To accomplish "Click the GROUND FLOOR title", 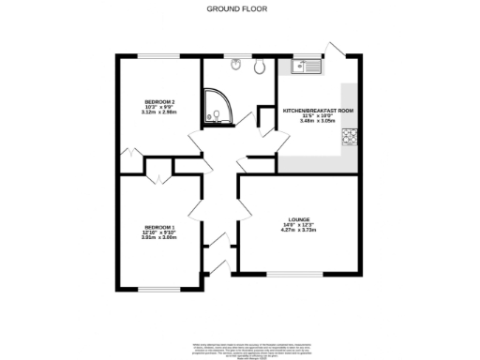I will (x=239, y=8).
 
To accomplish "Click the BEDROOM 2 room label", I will (x=157, y=101).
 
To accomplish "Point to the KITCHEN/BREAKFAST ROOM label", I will (x=318, y=111).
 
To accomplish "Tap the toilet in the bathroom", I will (x=258, y=66).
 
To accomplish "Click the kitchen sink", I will (x=307, y=66).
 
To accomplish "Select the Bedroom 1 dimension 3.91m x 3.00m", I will (x=159, y=236).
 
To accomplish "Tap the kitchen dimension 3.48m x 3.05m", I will (x=317, y=120).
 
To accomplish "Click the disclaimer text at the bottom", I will (x=239, y=349).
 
